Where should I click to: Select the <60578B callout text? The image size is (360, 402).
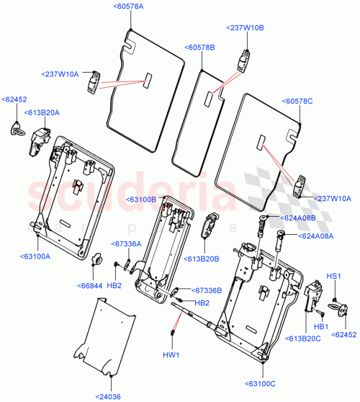pyautogui.click(x=200, y=47)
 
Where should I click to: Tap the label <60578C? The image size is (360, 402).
pyautogui.click(x=298, y=102)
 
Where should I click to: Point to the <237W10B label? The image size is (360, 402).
pyautogui.click(x=246, y=27)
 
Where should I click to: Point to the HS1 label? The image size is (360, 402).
pyautogui.click(x=333, y=275)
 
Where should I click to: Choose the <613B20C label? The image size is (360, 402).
pyautogui.click(x=304, y=338)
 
